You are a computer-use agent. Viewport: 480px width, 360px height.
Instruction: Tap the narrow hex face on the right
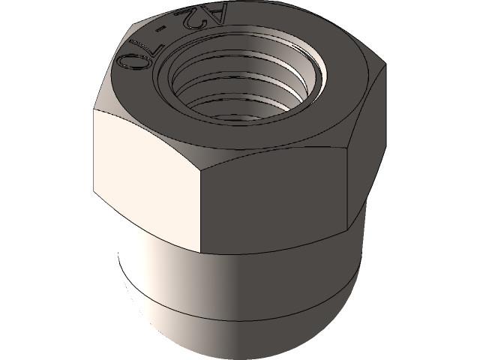(x=367, y=144)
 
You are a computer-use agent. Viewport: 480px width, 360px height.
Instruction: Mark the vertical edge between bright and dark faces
(x=201, y=211)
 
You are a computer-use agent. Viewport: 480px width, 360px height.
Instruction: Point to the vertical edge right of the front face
(x=348, y=188)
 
